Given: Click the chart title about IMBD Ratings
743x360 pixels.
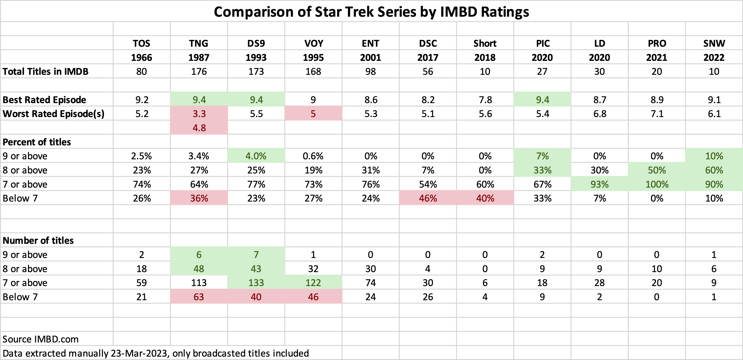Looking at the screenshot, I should point(371,12).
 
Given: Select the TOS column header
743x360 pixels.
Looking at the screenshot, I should point(141,43).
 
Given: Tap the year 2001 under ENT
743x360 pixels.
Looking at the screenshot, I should point(370,57).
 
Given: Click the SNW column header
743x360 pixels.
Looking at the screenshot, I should point(714,43).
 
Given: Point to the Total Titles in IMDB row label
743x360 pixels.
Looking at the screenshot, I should point(46,71).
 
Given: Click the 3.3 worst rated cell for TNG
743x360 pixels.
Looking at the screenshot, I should point(199,114).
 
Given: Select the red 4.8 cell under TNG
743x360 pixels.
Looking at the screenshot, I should point(199,128).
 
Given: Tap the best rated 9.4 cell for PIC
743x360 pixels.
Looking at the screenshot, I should point(542,100).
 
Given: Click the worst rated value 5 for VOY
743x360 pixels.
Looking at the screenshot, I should point(313,114).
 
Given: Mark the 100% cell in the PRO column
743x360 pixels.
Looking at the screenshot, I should point(657,184).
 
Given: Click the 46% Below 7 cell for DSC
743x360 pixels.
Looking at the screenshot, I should point(428,198).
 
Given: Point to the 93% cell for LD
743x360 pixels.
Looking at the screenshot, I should point(599,184).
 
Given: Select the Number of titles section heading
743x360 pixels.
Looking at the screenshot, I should point(38,240).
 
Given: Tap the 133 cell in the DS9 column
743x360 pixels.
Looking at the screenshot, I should point(256,283).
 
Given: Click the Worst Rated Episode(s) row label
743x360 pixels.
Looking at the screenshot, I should point(53,114).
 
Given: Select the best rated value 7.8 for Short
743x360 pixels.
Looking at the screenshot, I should point(485,100).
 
